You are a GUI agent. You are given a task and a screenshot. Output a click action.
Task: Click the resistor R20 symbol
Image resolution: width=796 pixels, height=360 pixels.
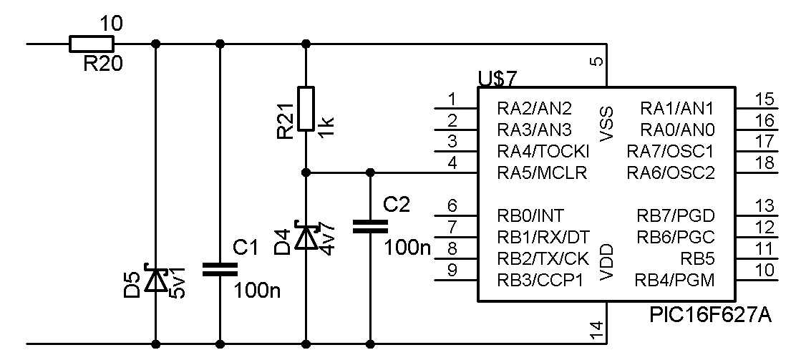coord(92,44)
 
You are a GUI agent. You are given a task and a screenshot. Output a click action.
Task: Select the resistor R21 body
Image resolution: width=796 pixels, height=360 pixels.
coord(306,109)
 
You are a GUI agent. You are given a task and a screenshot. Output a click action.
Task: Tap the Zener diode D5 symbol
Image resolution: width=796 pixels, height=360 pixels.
coord(156,278)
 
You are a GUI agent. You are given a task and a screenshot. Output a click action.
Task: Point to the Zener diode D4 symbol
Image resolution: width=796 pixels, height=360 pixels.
coord(306,235)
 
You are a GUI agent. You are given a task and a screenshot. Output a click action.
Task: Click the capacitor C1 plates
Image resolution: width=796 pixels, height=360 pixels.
coord(220,270)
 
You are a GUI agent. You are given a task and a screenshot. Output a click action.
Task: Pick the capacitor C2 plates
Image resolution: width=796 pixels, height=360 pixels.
coord(370,226)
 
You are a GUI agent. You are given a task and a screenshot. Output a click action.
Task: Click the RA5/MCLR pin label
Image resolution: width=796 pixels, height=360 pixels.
coord(542,173)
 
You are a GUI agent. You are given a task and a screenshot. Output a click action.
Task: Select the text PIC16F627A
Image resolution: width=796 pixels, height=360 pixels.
coord(710,316)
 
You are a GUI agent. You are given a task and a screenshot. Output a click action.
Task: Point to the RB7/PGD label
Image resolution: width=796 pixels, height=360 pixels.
coord(676,216)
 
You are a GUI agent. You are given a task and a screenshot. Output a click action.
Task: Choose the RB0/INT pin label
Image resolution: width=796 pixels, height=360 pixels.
coord(530,216)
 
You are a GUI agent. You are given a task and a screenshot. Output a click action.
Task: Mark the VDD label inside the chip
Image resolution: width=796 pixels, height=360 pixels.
coord(606,262)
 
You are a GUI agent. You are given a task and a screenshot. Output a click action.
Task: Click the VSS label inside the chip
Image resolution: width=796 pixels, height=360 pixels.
coord(606,124)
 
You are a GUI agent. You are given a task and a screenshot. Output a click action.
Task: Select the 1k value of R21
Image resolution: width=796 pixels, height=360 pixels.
coord(326,123)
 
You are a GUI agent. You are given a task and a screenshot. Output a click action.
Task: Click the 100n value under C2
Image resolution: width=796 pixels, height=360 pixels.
coord(407,248)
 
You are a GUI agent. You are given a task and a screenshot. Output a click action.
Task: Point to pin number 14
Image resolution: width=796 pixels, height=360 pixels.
coord(598,331)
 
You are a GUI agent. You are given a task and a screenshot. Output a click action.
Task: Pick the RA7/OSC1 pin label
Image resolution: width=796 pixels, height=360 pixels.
coord(671,151)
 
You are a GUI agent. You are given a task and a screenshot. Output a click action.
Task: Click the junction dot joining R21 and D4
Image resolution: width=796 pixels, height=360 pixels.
coord(306,172)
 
